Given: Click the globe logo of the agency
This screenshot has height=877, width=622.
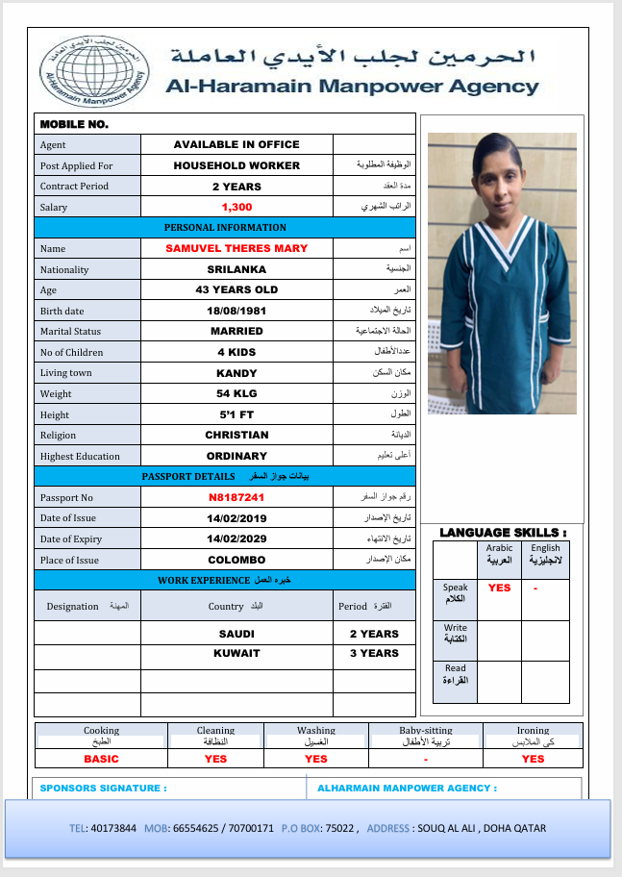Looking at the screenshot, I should pyautogui.click(x=94, y=70).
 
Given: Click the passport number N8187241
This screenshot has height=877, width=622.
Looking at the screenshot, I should pyautogui.click(x=236, y=498).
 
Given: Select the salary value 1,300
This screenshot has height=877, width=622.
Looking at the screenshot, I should pyautogui.click(x=236, y=207).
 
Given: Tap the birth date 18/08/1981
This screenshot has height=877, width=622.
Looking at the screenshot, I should pyautogui.click(x=236, y=311).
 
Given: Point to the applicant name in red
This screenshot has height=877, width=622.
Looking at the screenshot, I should pyautogui.click(x=236, y=248).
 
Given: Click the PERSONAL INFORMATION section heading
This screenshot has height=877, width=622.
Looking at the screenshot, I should pyautogui.click(x=225, y=228).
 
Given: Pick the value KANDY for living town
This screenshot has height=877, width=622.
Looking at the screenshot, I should pyautogui.click(x=236, y=373).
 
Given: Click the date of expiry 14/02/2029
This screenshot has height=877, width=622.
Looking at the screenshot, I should pyautogui.click(x=236, y=539).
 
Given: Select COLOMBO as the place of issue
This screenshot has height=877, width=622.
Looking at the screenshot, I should pyautogui.click(x=236, y=560).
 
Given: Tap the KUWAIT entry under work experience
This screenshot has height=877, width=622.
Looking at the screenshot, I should pyautogui.click(x=236, y=654).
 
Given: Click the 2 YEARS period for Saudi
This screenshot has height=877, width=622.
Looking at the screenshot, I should pyautogui.click(x=374, y=635).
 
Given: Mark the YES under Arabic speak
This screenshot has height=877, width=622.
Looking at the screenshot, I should pyautogui.click(x=500, y=588).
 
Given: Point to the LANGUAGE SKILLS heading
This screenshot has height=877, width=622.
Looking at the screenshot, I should pyautogui.click(x=503, y=532).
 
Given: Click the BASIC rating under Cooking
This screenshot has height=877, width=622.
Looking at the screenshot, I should pyautogui.click(x=101, y=759).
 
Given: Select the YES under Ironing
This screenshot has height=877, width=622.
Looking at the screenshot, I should pyautogui.click(x=533, y=759).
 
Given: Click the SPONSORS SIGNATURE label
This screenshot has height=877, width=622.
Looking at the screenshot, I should pyautogui.click(x=104, y=789).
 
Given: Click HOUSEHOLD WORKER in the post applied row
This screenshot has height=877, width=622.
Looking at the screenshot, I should pyautogui.click(x=236, y=165).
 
